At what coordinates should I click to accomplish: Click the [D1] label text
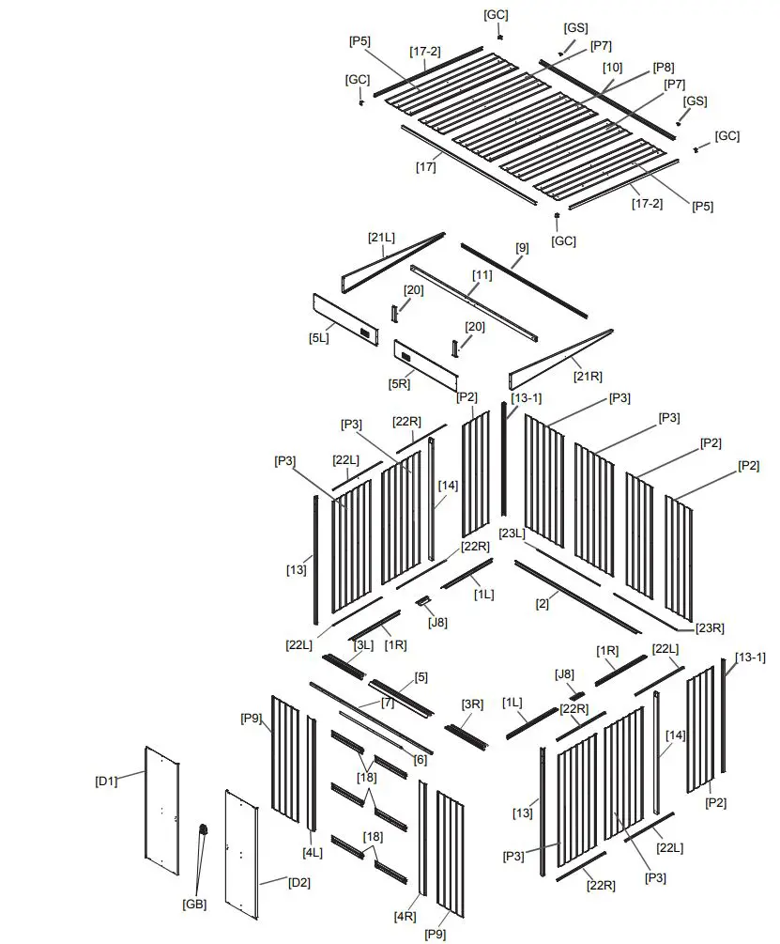click(x=107, y=781)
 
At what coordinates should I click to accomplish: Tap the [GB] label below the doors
click(x=194, y=905)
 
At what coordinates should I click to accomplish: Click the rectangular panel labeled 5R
click(x=424, y=364)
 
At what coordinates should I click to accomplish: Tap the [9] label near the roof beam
click(x=522, y=248)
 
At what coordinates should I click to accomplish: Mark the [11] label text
click(x=482, y=275)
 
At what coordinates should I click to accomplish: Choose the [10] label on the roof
click(x=612, y=68)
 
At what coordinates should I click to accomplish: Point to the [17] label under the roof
click(x=426, y=167)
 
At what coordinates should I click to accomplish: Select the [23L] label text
click(x=512, y=534)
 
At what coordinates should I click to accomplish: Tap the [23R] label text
click(x=710, y=627)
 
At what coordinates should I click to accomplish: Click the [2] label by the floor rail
click(x=543, y=604)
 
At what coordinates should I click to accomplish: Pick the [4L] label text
click(x=313, y=853)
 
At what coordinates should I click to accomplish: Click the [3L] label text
click(x=363, y=645)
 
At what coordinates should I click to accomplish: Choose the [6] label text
click(x=420, y=759)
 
